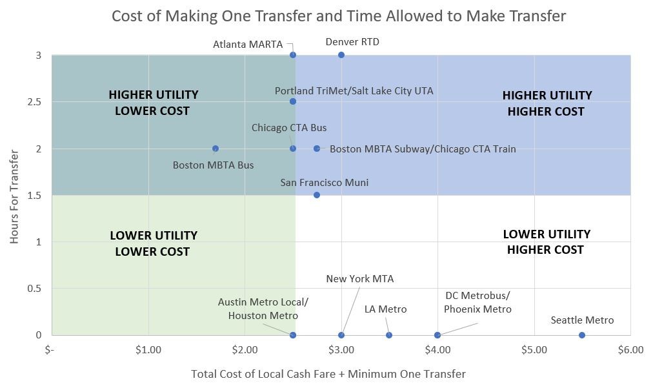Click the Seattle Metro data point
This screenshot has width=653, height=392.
point(582,335)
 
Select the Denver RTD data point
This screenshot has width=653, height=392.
point(341,55)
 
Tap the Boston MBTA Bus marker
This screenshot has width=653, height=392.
point(216,149)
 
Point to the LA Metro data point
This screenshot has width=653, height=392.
point(389,335)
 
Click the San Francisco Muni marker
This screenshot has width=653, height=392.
point(317,195)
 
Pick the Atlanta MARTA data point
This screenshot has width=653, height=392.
point(293,55)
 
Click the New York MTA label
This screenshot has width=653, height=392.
point(359,279)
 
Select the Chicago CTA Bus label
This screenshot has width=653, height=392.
point(289,128)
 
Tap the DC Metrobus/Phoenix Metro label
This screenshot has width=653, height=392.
point(477,302)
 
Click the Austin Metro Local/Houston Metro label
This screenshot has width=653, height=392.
point(263,309)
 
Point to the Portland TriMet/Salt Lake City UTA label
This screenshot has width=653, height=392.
point(354,91)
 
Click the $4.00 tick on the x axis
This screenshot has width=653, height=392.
point(437,350)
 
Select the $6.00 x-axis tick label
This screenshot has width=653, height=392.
point(630,350)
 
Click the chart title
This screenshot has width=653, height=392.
point(339,15)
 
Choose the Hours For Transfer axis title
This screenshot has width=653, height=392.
point(15,194)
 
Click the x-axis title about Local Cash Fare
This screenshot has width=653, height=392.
point(328,374)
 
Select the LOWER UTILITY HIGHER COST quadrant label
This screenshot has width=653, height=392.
point(546,242)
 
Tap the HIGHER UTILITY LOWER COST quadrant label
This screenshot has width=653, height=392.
point(153,103)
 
